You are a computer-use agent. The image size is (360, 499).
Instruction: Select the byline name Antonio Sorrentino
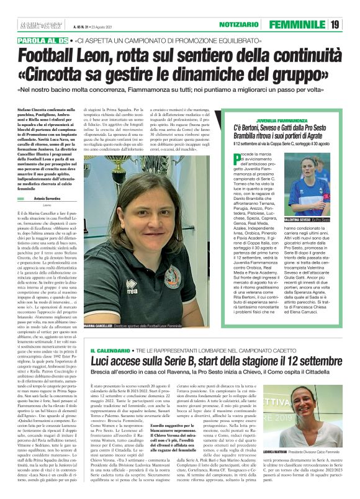coord(47,199)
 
